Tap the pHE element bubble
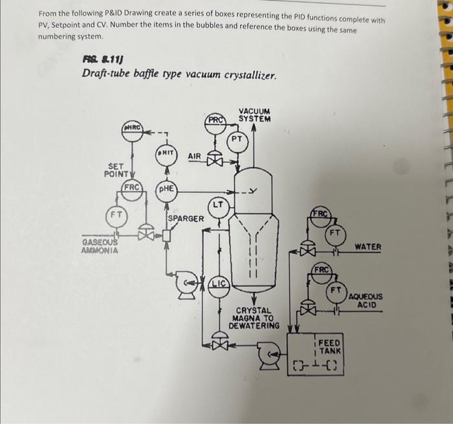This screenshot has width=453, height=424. [x=166, y=188]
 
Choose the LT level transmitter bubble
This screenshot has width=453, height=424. [x=219, y=206]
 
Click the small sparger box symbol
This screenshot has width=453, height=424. [x=166, y=236]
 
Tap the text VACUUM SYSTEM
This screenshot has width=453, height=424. [x=254, y=115]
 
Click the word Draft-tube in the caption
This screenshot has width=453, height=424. [x=108, y=74]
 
